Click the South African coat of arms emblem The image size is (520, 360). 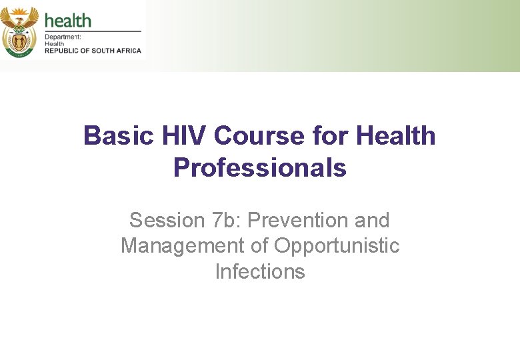(20, 31)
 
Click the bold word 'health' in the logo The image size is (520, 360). (67, 19)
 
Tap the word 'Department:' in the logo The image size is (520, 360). (63, 37)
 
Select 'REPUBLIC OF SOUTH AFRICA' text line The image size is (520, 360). (92, 51)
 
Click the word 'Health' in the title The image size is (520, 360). (396, 136)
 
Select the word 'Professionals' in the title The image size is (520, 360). (260, 168)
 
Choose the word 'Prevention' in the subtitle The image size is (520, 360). (298, 220)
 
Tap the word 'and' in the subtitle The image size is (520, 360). (372, 220)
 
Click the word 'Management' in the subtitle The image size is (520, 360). (183, 246)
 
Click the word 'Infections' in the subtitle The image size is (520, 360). (260, 272)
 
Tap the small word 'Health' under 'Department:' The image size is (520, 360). (55, 44)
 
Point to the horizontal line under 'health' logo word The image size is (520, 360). (93, 31)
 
